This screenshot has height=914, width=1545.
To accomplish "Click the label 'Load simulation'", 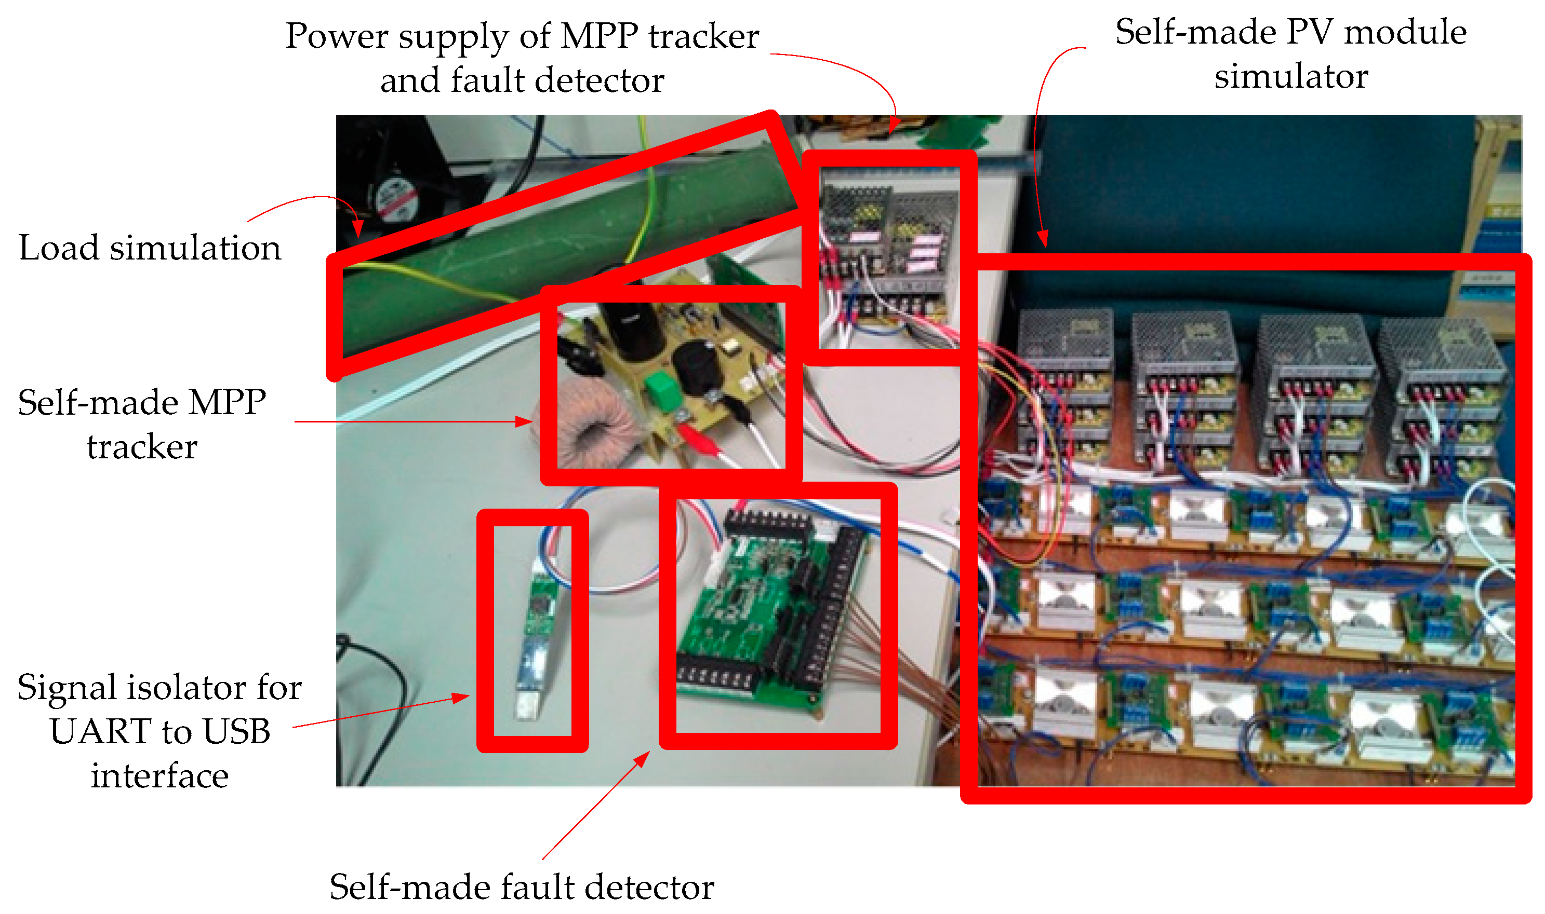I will coord(150,248).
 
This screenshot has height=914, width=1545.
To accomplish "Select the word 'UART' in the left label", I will coord(100,731).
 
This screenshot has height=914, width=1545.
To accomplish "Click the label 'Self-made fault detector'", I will coord(522,887).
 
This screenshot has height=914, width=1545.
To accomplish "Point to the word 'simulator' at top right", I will coord(1290,76).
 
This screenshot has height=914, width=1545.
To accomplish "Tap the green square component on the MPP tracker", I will coord(661,390).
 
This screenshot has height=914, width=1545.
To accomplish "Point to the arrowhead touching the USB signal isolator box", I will coord(462,697).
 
